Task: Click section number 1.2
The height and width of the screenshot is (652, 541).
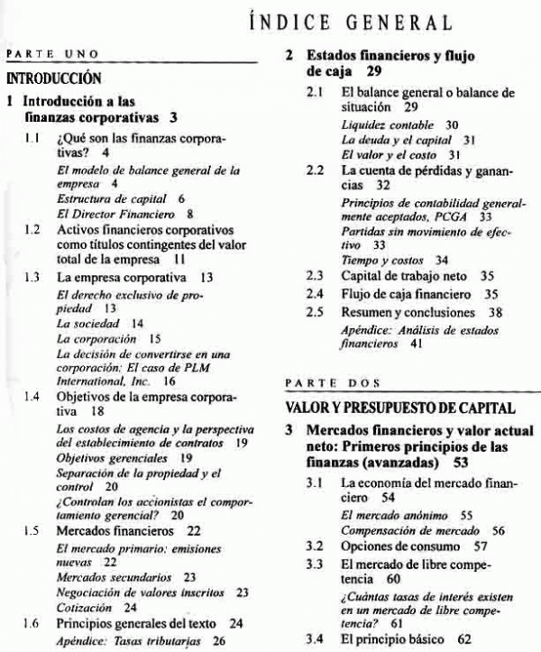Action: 32,230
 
